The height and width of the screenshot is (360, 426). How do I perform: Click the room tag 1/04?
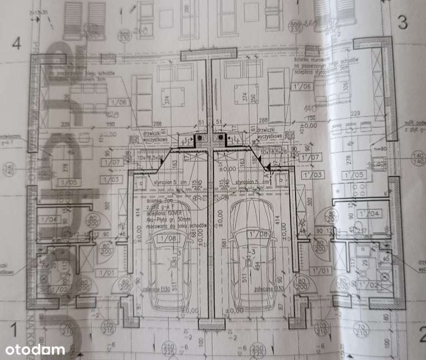point(50,220)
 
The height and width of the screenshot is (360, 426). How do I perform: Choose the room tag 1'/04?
point(373,213)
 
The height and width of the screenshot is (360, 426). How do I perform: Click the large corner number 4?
point(18,42)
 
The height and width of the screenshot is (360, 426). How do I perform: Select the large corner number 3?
point(403,23)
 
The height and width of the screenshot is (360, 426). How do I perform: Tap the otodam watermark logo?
point(35,350)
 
